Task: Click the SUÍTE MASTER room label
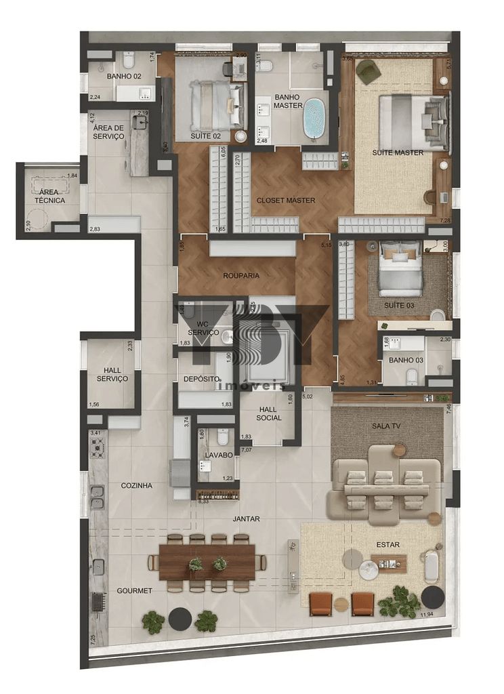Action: (x=398, y=152)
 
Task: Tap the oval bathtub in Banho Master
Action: (x=314, y=119)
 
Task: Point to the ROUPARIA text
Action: (x=242, y=276)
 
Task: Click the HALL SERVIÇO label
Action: (x=112, y=373)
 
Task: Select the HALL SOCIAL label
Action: (x=271, y=414)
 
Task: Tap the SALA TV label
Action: (x=386, y=425)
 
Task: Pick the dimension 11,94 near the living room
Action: (x=426, y=615)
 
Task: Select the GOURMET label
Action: (x=134, y=590)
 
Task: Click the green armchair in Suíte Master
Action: (x=369, y=72)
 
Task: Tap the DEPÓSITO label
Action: (x=201, y=379)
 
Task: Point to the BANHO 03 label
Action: (x=404, y=359)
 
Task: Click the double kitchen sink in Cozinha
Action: (x=97, y=497)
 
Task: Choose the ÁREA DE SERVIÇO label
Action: (x=108, y=132)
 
